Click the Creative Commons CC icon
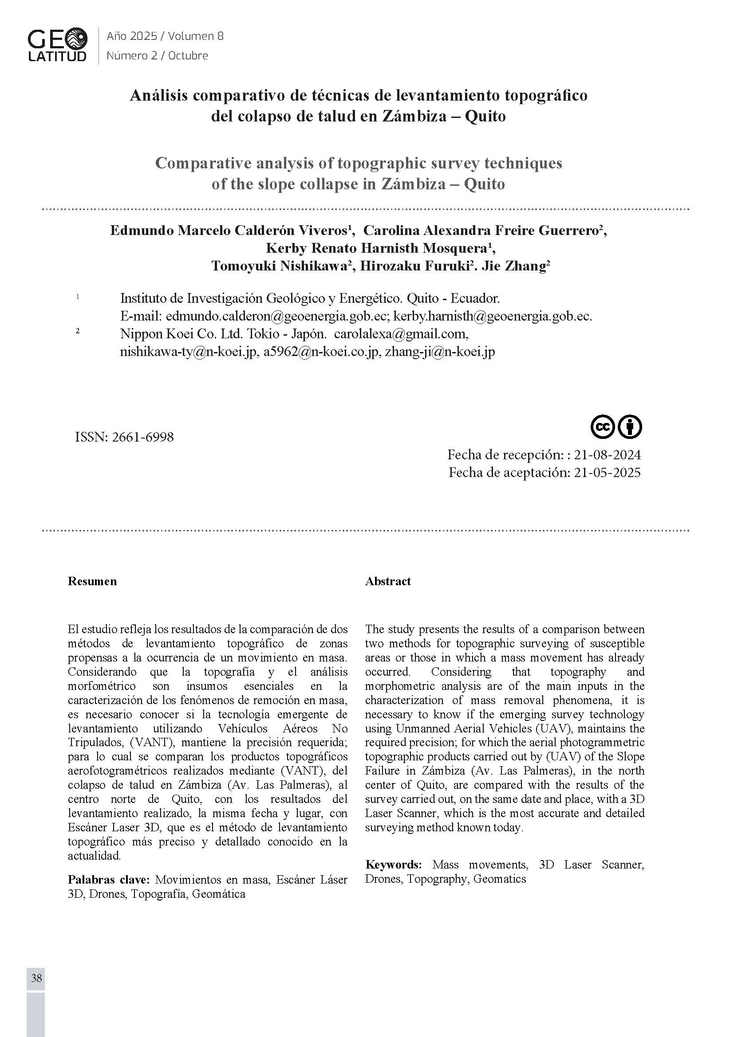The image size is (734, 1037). pyautogui.click(x=603, y=427)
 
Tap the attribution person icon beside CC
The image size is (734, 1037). pyautogui.click(x=630, y=427)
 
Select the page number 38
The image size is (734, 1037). pyautogui.click(x=36, y=978)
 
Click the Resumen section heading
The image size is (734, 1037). pyautogui.click(x=92, y=581)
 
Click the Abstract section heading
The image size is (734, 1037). pyautogui.click(x=388, y=581)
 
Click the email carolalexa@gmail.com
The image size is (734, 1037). pyautogui.click(x=400, y=334)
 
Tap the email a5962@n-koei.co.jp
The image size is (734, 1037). pyautogui.click(x=321, y=352)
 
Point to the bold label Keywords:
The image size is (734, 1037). pyautogui.click(x=393, y=865)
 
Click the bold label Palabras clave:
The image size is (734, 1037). pyautogui.click(x=108, y=879)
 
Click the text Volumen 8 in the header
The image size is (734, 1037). pyautogui.click(x=196, y=36)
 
